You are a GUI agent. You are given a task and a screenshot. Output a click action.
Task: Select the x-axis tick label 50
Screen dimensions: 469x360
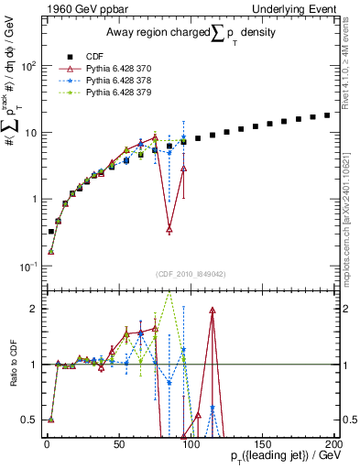118,443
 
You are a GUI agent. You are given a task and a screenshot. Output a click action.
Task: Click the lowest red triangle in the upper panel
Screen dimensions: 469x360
169,229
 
